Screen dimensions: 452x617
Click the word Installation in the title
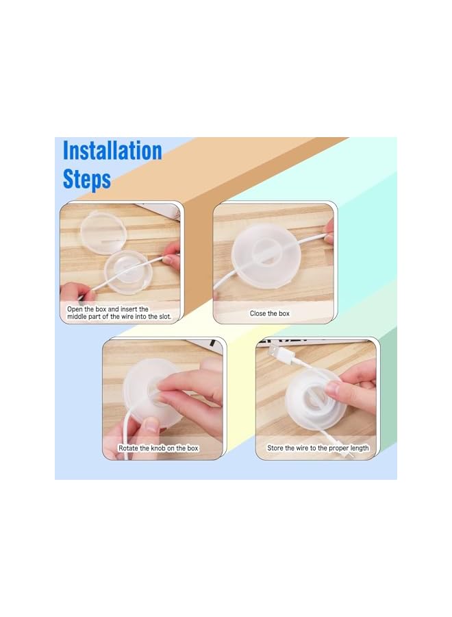click(112, 151)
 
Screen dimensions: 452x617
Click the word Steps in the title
click(87, 180)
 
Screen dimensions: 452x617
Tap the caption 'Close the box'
click(270, 313)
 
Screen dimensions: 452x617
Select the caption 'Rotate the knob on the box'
click(158, 448)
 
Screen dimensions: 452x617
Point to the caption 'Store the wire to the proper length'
click(318, 448)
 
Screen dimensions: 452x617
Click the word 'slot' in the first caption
click(164, 316)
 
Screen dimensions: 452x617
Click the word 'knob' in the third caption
click(158, 448)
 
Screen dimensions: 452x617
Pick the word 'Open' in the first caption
click(75, 309)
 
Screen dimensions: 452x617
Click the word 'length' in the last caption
click(359, 448)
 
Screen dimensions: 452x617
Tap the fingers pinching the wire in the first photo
click(171, 256)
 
